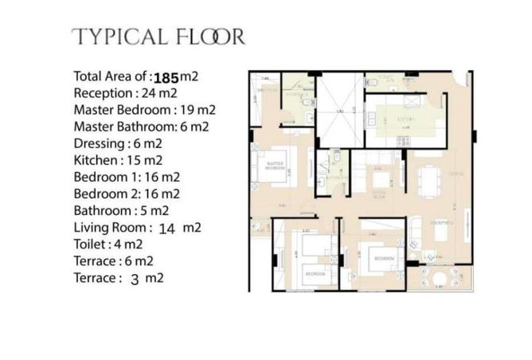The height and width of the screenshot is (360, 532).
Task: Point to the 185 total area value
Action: pos(166,78)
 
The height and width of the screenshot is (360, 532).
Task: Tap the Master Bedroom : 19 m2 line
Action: pos(144,110)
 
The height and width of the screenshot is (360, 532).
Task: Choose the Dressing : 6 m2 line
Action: pos(117,143)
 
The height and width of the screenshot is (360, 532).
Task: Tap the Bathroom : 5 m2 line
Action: pos(121,211)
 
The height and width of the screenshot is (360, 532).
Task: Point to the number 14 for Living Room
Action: pos(167,229)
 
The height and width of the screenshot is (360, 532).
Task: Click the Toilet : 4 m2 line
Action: pos(108,245)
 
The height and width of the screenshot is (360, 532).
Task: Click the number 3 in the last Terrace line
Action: pos(157,279)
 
